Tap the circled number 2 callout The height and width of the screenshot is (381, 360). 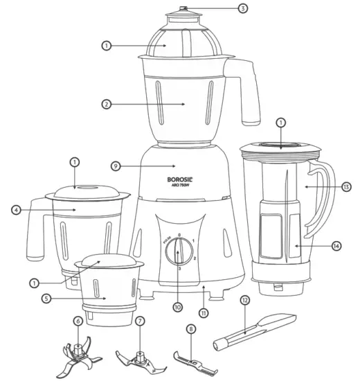tap(106, 105)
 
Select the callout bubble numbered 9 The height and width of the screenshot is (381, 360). tap(116, 166)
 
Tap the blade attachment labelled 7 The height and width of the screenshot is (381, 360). tap(138, 353)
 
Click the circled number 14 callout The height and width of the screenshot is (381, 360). tap(336, 246)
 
